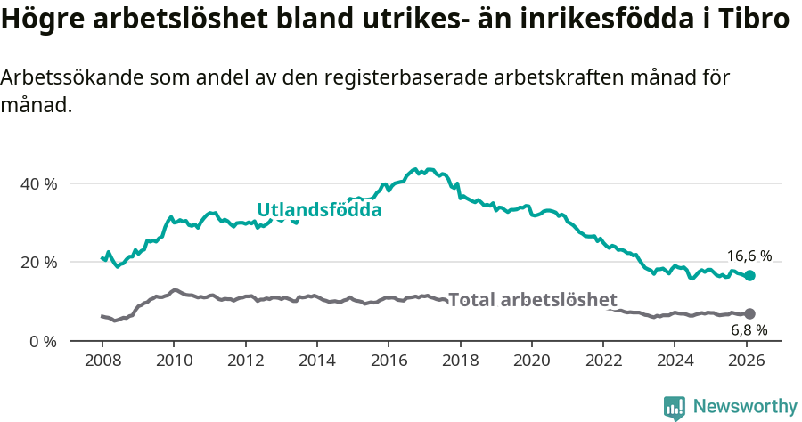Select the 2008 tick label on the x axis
[x=102, y=361]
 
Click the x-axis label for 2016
[x=389, y=361]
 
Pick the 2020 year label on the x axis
[x=531, y=361]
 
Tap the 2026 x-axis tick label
[x=746, y=361]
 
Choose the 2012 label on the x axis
[x=245, y=361]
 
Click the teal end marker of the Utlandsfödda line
[x=750, y=276]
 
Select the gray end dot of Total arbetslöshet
[x=750, y=313]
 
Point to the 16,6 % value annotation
[x=749, y=256]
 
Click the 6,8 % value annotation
[x=749, y=330]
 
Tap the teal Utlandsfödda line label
[x=319, y=210]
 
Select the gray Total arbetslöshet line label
[x=533, y=299]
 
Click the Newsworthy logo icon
[x=675, y=407]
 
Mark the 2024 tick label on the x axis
[x=675, y=361]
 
